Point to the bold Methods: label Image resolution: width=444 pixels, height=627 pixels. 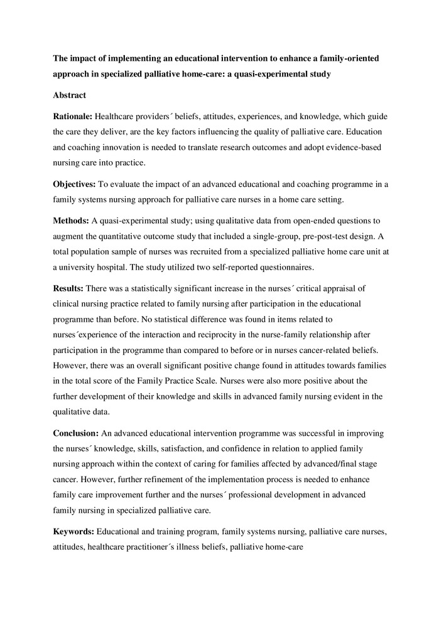[70, 221]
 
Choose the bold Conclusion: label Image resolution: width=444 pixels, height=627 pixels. [76, 433]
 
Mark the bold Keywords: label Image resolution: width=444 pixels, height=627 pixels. [73, 531]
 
